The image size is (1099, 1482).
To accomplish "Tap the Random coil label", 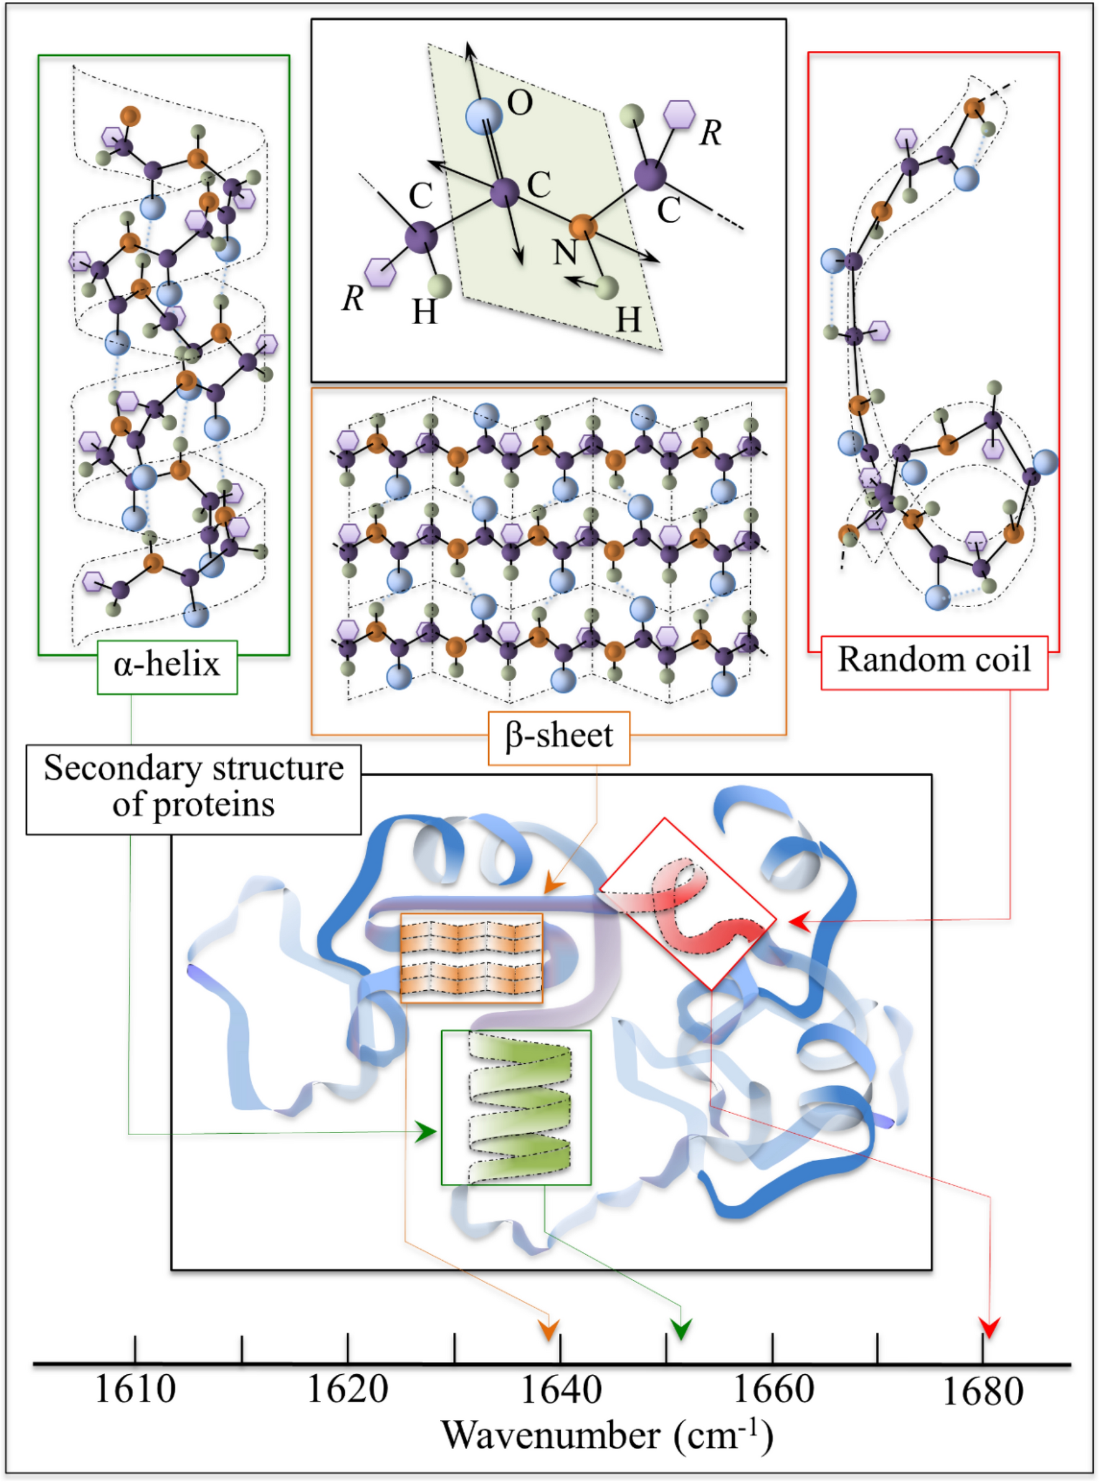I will (x=934, y=661).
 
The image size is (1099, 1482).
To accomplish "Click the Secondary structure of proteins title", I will (x=193, y=787).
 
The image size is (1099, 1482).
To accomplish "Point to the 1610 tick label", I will (x=135, y=1390).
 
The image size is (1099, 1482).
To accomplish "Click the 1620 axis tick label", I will (x=348, y=1390).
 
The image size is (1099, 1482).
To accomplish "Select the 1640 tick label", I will (x=560, y=1390).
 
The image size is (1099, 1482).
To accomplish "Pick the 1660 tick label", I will (x=773, y=1390).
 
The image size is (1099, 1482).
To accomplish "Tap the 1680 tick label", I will (x=983, y=1392).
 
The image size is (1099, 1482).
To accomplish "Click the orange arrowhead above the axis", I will (x=549, y=1330).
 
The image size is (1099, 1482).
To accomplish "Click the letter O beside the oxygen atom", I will (x=520, y=103).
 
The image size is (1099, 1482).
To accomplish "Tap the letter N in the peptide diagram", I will (x=565, y=252).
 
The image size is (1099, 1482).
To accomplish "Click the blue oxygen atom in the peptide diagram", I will (x=484, y=116).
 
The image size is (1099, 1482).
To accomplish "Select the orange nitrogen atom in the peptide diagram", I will (x=584, y=227).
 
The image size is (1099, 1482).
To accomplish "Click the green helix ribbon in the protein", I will (x=519, y=1108).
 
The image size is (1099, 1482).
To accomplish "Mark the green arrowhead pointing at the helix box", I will (x=426, y=1131).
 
